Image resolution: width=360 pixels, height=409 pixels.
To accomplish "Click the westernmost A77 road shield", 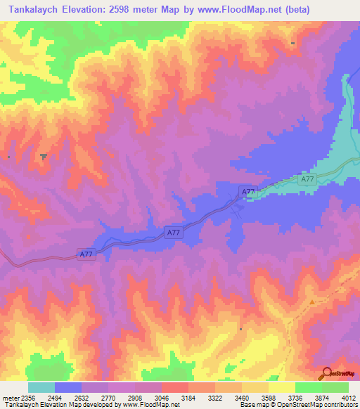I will (x=86, y=254).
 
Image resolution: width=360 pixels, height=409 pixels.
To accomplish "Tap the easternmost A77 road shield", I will (x=307, y=180).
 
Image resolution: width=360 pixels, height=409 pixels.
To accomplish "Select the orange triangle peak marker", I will (x=312, y=302).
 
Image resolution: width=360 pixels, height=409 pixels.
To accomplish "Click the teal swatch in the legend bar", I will (x=41, y=387).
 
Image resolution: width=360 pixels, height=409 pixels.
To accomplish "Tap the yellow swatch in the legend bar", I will (x=281, y=387).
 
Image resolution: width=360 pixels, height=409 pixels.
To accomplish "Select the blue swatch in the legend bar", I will (x=67, y=387).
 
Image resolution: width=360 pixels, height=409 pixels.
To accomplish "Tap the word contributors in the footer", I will (x=342, y=405).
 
